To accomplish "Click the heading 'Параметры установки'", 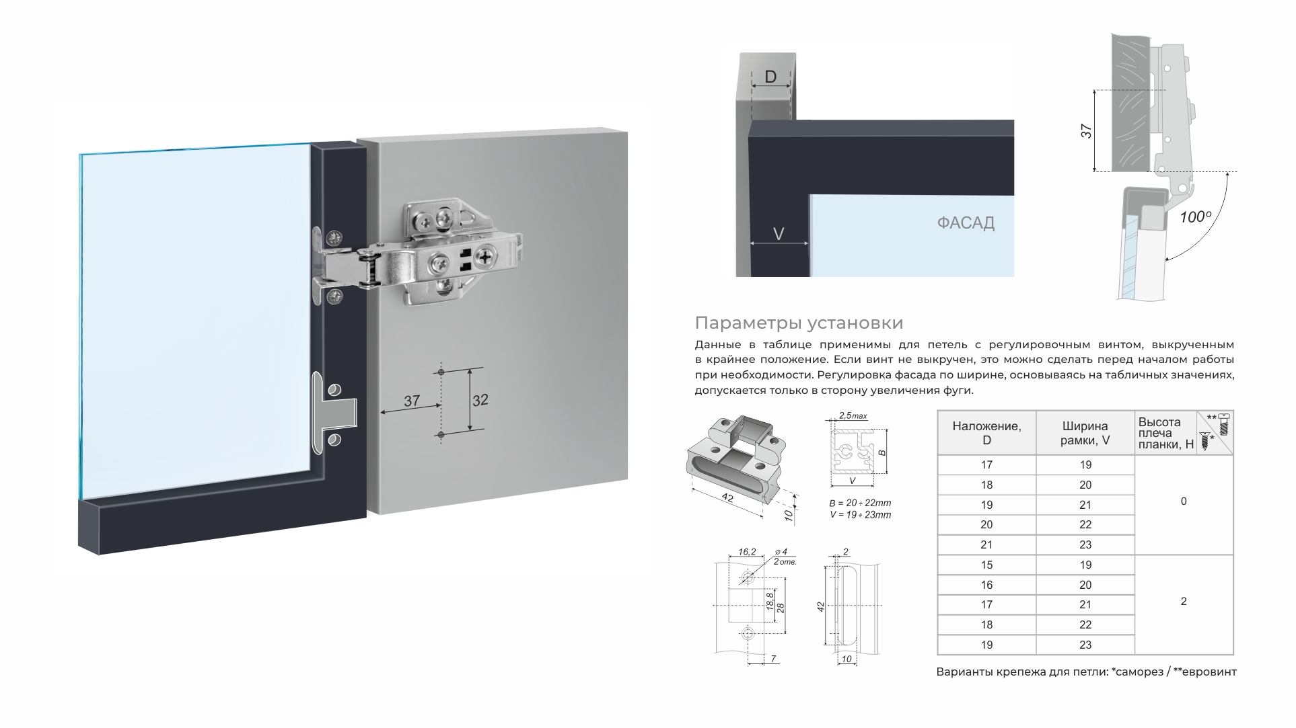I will [798, 323].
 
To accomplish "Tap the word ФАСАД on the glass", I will [966, 223].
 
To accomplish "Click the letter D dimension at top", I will [770, 77].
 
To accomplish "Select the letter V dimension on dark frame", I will [779, 234].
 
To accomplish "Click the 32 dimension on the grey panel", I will [480, 401].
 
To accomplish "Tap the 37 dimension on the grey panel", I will [411, 401].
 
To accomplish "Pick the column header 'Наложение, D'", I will [986, 433].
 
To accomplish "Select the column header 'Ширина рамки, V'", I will [1085, 433].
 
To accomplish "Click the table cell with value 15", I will [986, 565].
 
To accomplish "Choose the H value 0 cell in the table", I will [1184, 501].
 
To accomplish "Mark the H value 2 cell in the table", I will [1184, 602].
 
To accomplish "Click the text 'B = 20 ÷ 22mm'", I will [860, 503].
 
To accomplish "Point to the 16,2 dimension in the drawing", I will [747, 552].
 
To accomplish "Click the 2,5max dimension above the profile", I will [853, 416].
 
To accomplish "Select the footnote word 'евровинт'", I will [1209, 672].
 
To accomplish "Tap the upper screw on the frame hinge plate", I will [334, 237].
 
